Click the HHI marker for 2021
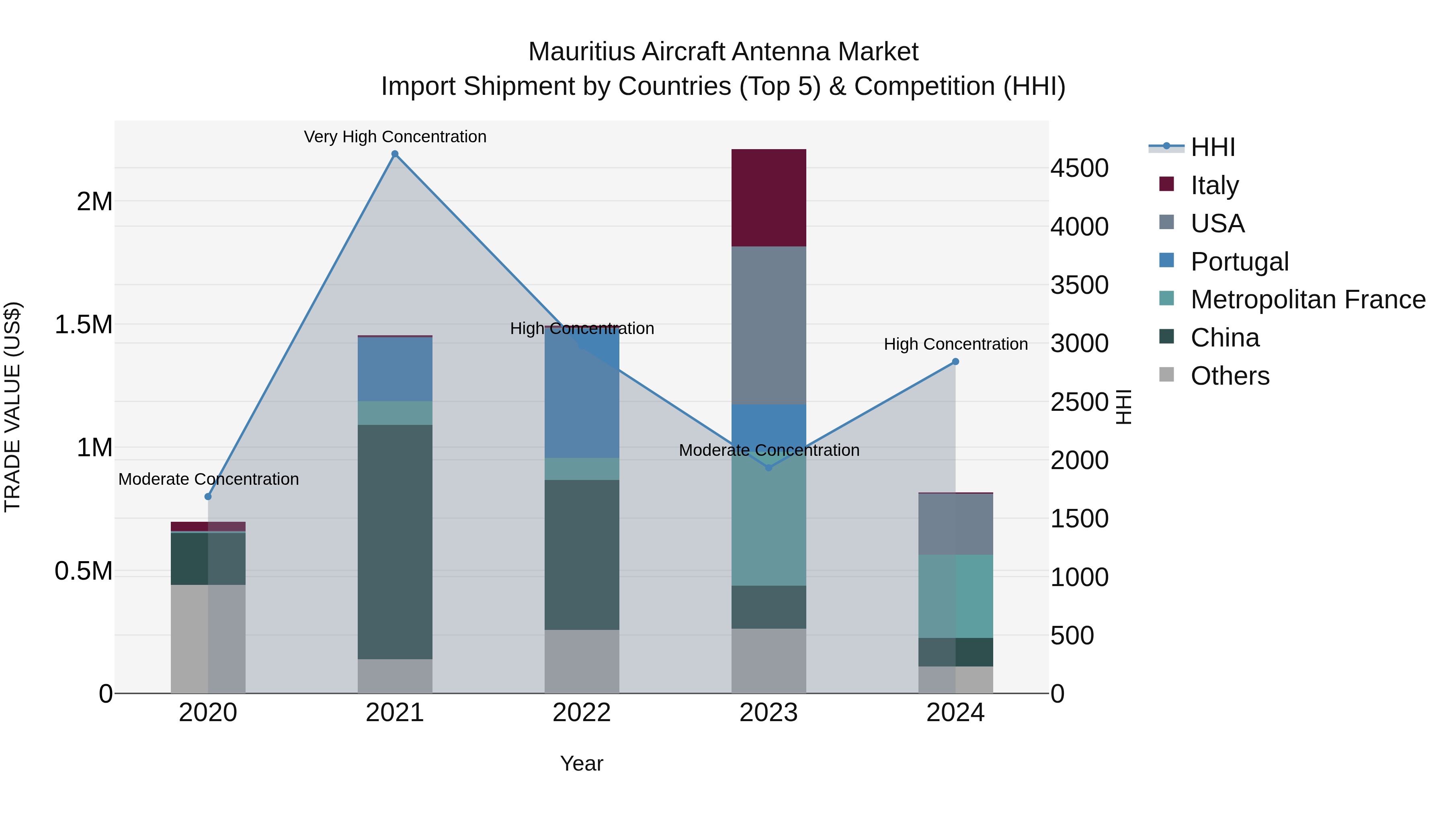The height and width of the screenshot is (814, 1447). click(x=395, y=154)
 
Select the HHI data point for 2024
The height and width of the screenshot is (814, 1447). click(x=955, y=362)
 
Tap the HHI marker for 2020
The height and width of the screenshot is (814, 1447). click(x=208, y=496)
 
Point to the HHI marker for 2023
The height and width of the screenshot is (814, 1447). click(x=769, y=468)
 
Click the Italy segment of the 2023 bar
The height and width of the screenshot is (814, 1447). click(x=769, y=198)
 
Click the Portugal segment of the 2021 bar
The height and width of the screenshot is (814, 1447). click(x=395, y=369)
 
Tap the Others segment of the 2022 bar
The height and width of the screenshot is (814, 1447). click(x=582, y=661)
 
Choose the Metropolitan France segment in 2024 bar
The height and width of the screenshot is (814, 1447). click(x=955, y=596)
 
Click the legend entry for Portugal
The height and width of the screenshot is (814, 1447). click(x=1239, y=262)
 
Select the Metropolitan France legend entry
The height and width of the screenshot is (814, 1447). click(x=1308, y=300)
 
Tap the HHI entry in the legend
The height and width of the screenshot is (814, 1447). click(x=1212, y=147)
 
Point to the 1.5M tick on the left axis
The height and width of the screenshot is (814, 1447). click(x=83, y=325)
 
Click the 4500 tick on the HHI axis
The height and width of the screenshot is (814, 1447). click(x=1079, y=168)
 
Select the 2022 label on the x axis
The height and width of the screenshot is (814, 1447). click(x=582, y=713)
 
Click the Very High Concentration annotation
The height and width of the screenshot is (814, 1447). click(x=395, y=137)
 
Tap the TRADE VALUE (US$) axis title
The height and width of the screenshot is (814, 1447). click(x=12, y=407)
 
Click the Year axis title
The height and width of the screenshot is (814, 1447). click(x=581, y=763)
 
